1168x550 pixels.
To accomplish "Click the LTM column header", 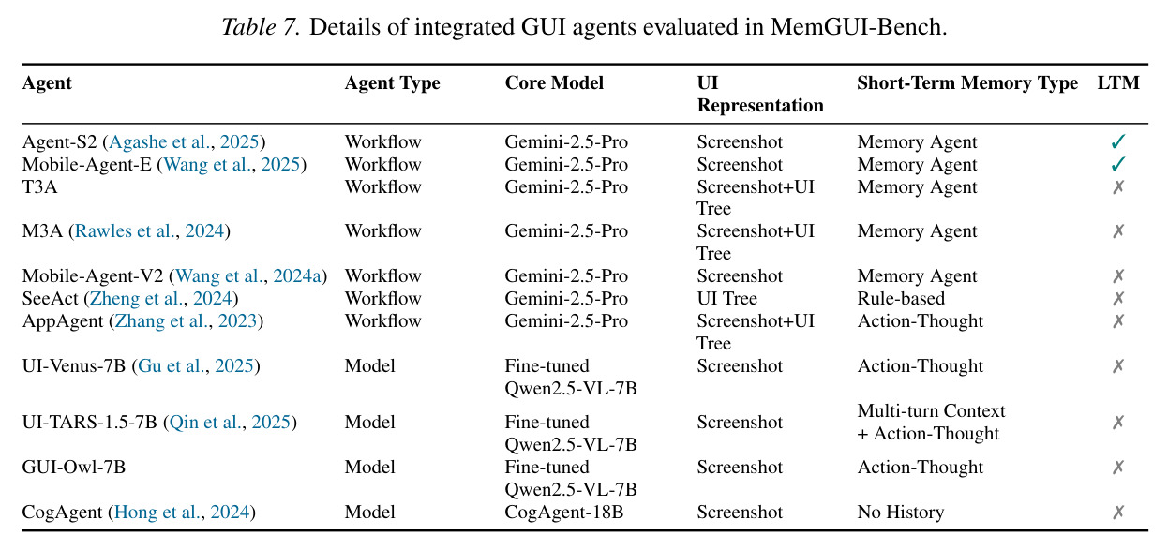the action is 1118,82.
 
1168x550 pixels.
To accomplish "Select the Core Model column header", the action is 554,82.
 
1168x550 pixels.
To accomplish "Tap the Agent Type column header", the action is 392,83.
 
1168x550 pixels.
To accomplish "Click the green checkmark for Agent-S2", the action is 1118,141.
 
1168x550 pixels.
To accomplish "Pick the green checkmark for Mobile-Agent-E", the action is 1118,164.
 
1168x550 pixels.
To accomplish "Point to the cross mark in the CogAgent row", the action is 1118,512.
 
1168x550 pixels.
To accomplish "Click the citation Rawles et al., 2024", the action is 149,230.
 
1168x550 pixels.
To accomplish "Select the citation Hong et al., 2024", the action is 182,512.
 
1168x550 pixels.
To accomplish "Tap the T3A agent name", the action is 39,186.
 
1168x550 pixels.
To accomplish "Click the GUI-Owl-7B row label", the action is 73,468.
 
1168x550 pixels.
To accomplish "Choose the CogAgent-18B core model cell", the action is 563,512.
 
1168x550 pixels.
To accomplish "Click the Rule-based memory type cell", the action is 901,298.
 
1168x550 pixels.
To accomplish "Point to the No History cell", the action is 901,512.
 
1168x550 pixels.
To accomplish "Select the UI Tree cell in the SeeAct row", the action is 726,298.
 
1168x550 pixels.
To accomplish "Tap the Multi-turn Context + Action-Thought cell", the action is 931,422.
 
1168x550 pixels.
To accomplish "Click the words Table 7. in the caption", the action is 262,27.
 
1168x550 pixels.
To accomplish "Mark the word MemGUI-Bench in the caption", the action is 859,27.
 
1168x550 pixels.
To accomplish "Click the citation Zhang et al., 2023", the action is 186,321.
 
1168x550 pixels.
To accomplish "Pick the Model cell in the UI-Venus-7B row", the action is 369,366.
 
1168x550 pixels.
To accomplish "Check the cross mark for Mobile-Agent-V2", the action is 1118,275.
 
